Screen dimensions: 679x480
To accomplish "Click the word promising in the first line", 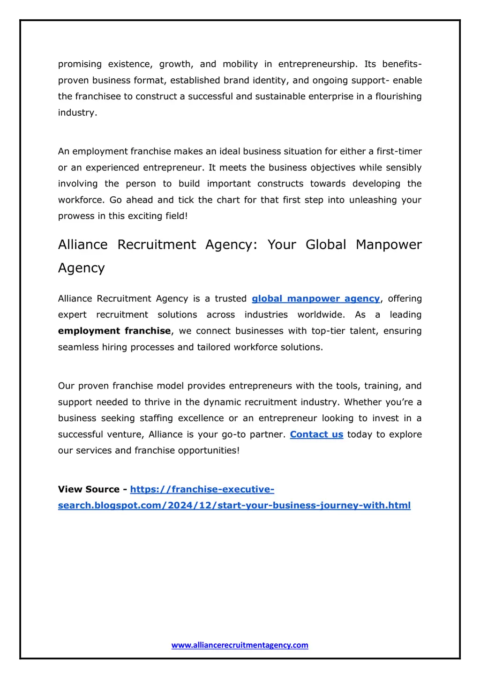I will [80, 64].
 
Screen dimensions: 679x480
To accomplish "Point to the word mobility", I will [240, 64].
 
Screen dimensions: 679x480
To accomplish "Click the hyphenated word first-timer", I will [399, 151].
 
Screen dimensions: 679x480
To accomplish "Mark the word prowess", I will [75, 216].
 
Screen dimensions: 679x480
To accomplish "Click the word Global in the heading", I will [326, 245].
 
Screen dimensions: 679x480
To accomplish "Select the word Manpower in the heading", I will [389, 245].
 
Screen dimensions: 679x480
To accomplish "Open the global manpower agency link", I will [315, 298].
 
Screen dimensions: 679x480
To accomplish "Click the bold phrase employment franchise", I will [114, 331].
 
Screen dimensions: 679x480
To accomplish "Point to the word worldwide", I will [321, 315].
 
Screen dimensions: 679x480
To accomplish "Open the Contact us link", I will [316, 434].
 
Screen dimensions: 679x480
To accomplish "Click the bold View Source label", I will [89, 489].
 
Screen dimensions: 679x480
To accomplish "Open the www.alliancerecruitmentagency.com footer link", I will [240, 645].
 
